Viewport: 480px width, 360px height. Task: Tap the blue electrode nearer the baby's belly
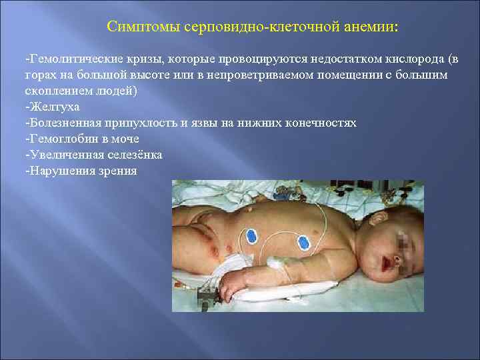[x=251, y=235]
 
